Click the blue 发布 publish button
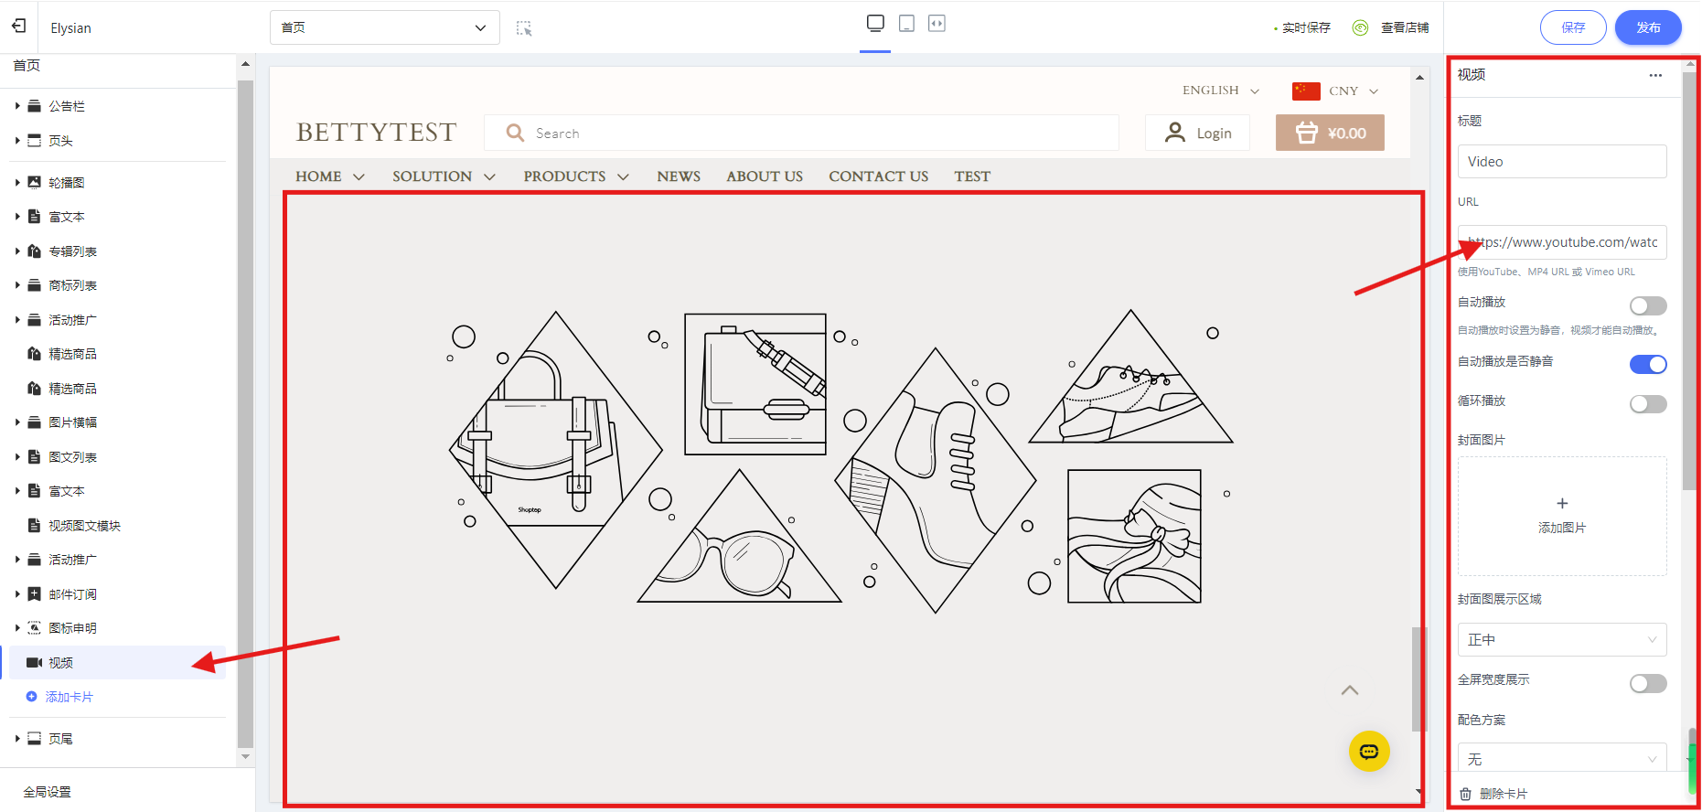pyautogui.click(x=1648, y=27)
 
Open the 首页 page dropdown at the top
pyautogui.click(x=384, y=27)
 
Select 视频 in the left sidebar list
pyautogui.click(x=60, y=663)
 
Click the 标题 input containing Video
pyautogui.click(x=1562, y=162)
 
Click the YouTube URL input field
pyautogui.click(x=1562, y=242)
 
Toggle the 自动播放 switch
pyautogui.click(x=1648, y=305)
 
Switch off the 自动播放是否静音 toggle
pyautogui.click(x=1648, y=364)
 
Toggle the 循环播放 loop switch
pyautogui.click(x=1648, y=403)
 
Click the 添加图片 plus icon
pyautogui.click(x=1562, y=503)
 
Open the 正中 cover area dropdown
pyautogui.click(x=1562, y=640)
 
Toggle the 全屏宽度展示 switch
pyautogui.click(x=1648, y=683)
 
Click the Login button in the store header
pyautogui.click(x=1197, y=133)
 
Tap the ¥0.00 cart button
pyautogui.click(x=1330, y=133)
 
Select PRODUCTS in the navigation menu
pyautogui.click(x=576, y=176)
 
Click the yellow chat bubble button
pyautogui.click(x=1369, y=752)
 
